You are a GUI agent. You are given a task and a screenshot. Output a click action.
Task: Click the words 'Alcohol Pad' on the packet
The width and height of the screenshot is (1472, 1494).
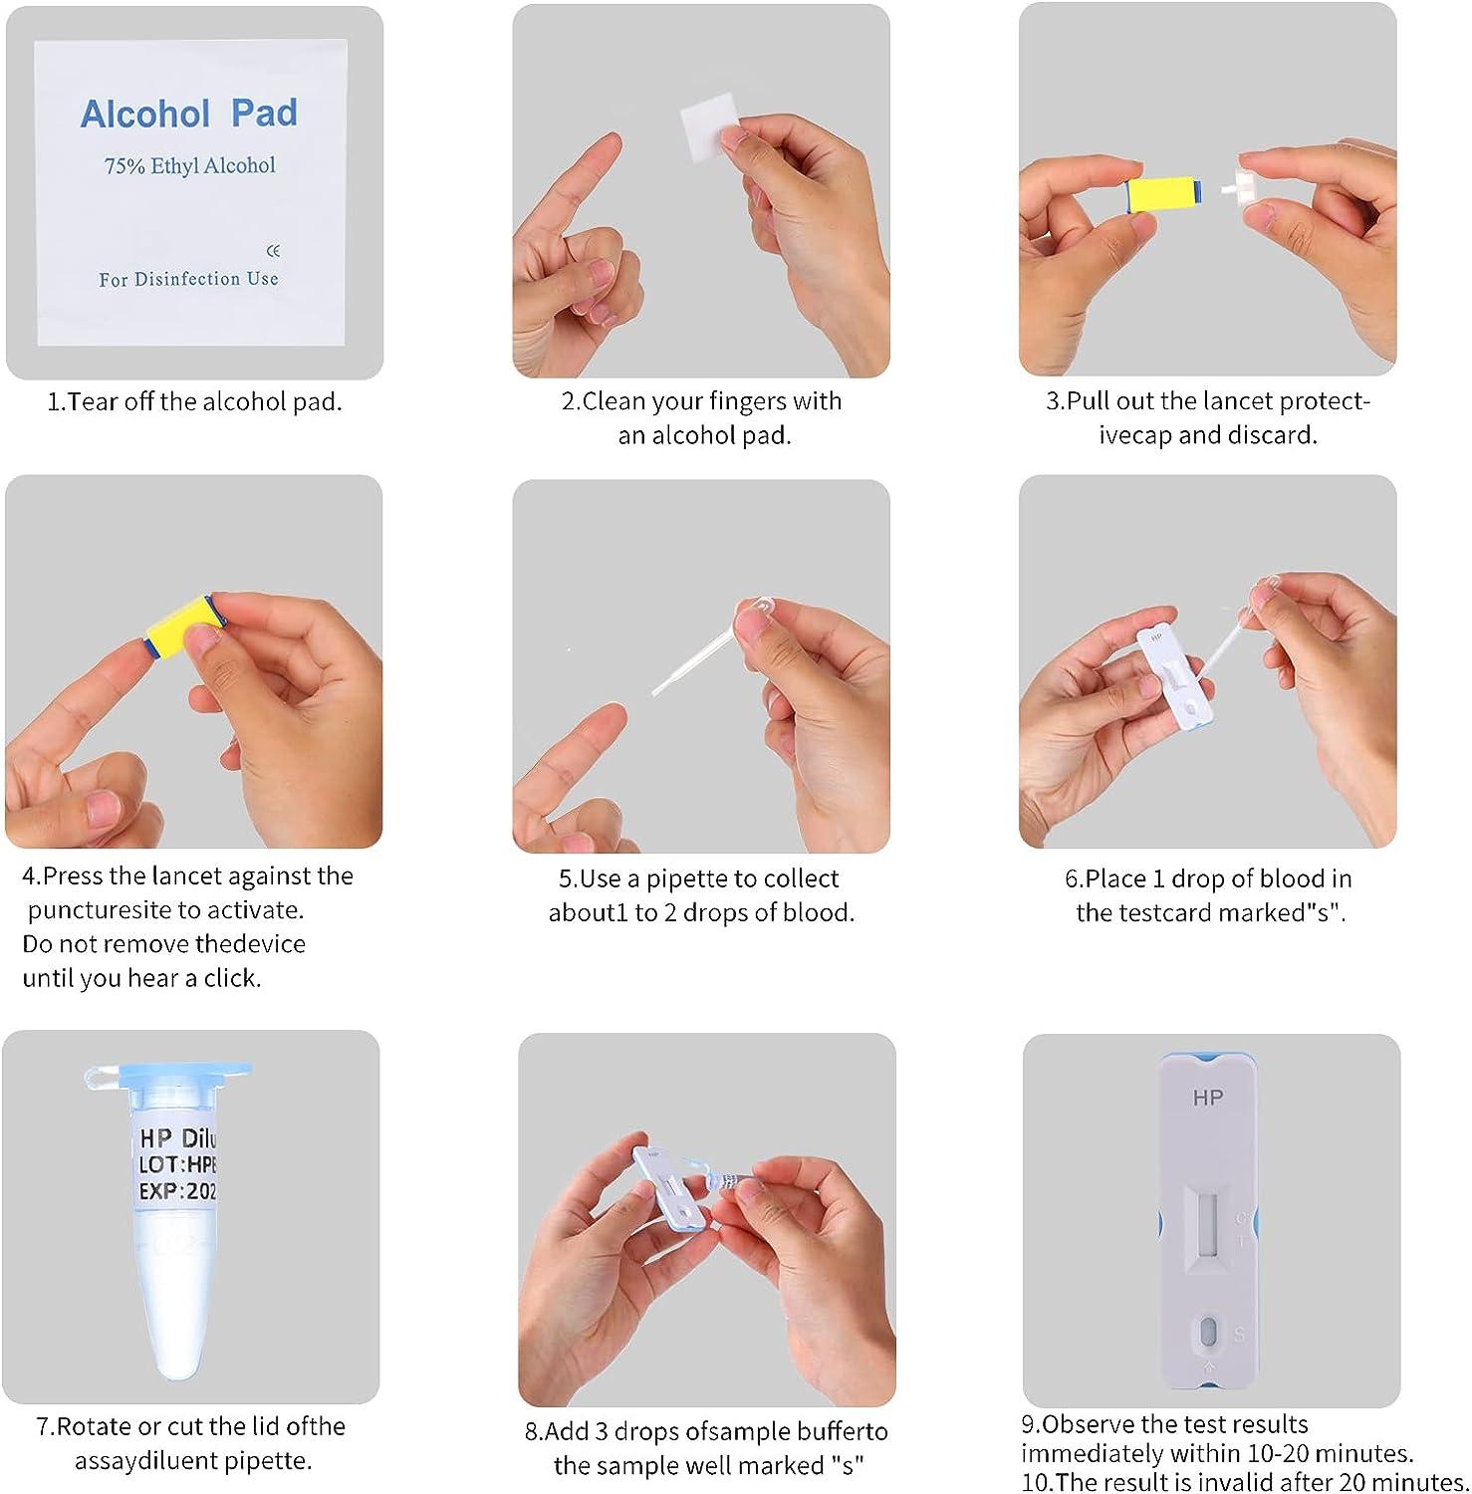(x=188, y=114)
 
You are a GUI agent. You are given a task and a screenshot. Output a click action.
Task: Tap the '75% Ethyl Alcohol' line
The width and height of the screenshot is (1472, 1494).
(x=189, y=165)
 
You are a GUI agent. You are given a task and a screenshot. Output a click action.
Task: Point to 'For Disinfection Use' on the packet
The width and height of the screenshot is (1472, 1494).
(x=188, y=279)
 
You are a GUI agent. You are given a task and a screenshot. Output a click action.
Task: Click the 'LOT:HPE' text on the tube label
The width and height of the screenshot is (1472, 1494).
(x=177, y=1164)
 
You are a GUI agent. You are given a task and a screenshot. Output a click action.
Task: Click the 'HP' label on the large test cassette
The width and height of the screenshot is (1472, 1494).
(x=1208, y=1098)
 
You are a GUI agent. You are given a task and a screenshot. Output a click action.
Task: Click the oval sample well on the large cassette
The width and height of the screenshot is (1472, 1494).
(x=1208, y=1333)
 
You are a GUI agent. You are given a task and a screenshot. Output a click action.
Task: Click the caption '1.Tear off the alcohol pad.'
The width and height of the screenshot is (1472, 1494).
(x=194, y=402)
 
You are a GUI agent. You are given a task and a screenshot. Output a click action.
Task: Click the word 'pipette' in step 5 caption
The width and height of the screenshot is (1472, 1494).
(x=686, y=878)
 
